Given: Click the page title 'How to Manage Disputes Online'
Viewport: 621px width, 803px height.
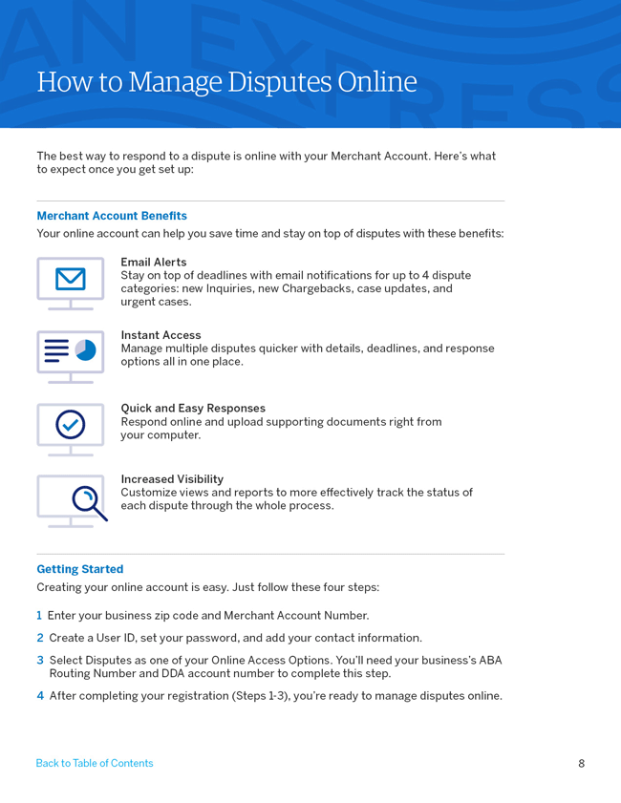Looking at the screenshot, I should [x=226, y=82].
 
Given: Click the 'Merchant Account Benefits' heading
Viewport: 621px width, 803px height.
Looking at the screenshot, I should [x=112, y=216].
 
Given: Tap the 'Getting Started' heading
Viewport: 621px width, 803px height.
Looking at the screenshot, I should [x=80, y=569].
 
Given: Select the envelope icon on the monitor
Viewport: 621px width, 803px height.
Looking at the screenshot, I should [x=71, y=279].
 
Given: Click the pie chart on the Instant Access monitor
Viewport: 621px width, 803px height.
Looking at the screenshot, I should [x=86, y=350].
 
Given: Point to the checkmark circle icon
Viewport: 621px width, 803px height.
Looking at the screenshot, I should [x=71, y=424].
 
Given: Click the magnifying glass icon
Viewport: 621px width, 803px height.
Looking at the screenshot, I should [x=88, y=500].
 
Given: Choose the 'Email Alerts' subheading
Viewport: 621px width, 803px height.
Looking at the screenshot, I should [x=154, y=262].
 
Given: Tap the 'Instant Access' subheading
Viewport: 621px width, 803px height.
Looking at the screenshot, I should [x=161, y=335].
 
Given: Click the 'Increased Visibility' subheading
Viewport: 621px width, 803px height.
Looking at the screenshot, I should [x=172, y=479].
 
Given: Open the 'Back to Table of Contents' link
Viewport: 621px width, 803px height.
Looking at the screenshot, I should [x=95, y=763].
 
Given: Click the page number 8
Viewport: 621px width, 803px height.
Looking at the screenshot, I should [x=581, y=763].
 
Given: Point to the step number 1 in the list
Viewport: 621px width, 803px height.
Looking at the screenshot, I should [x=39, y=616].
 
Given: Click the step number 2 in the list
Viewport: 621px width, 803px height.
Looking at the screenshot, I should [x=40, y=638].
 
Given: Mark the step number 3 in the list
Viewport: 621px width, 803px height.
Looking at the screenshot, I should [x=40, y=660].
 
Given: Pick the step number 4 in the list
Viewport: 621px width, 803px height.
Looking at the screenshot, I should [x=40, y=696].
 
